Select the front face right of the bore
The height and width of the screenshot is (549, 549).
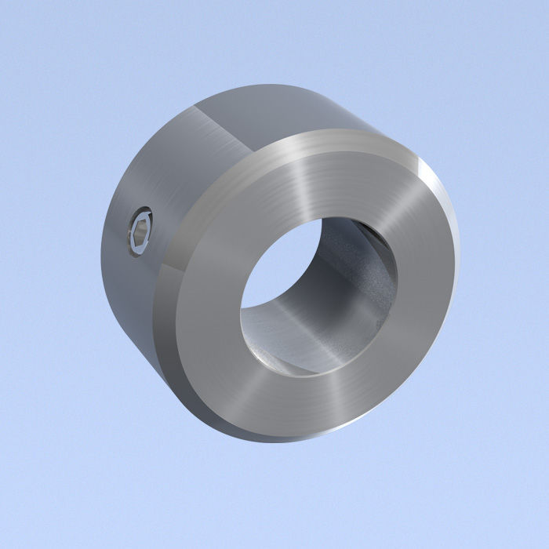pyautogui.click(x=424, y=290)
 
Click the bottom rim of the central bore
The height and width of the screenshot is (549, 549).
pyautogui.click(x=314, y=373)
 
